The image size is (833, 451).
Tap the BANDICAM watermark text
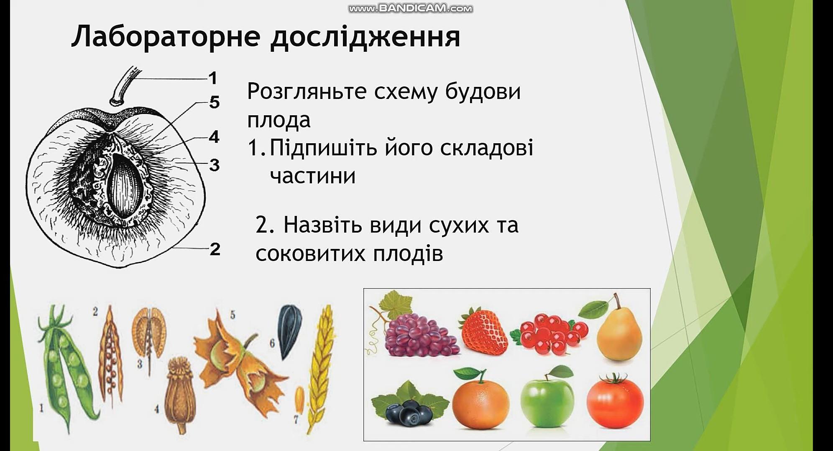pyautogui.click(x=411, y=8)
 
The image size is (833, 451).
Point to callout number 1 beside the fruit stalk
pyautogui.click(x=213, y=78)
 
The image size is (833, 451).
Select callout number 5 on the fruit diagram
pyautogui.click(x=214, y=102)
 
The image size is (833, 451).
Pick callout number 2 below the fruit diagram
pyautogui.click(x=215, y=249)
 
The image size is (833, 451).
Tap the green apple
pyautogui.click(x=547, y=401)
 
